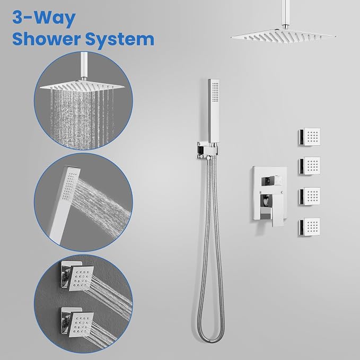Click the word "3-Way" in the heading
pos(44,19)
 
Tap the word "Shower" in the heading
pos(47,39)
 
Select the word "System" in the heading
pos(120,40)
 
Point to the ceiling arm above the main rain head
pos(281,14)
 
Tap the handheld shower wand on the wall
pos(214,111)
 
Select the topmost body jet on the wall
pos(310,136)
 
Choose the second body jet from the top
pos(310,166)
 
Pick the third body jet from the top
pos(310,196)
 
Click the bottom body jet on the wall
pos(310,227)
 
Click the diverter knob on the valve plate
pos(272,180)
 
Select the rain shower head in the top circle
pos(82,85)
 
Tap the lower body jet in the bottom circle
pos(77,322)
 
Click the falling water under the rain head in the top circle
pos(82,118)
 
